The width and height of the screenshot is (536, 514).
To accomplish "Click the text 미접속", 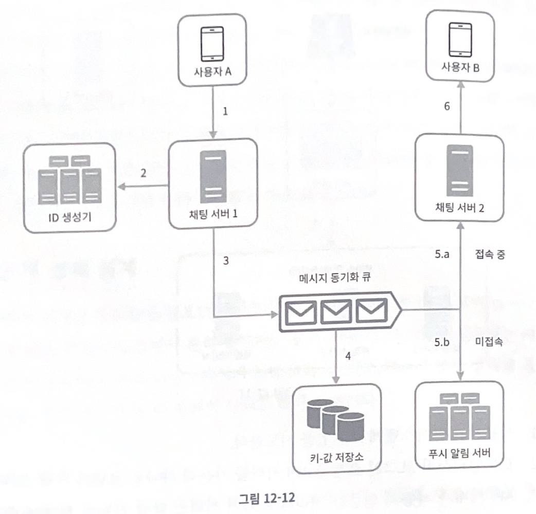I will click(486, 342).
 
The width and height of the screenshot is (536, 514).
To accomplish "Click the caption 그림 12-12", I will click(265, 499).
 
